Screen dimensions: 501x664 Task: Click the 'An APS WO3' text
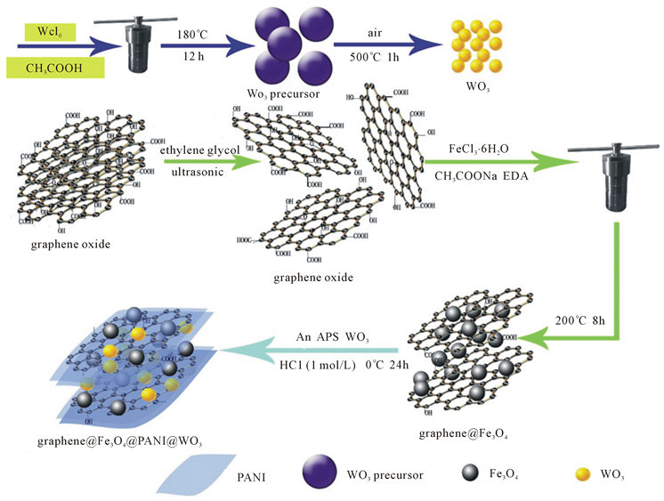[x=333, y=337]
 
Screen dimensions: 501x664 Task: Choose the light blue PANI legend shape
[x=194, y=474]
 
